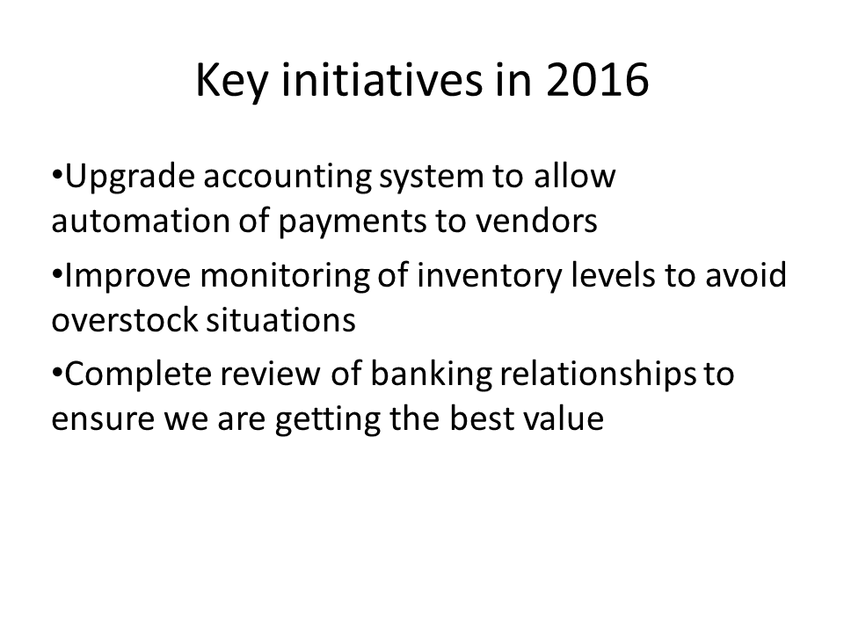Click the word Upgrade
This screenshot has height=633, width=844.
pos(128,178)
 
